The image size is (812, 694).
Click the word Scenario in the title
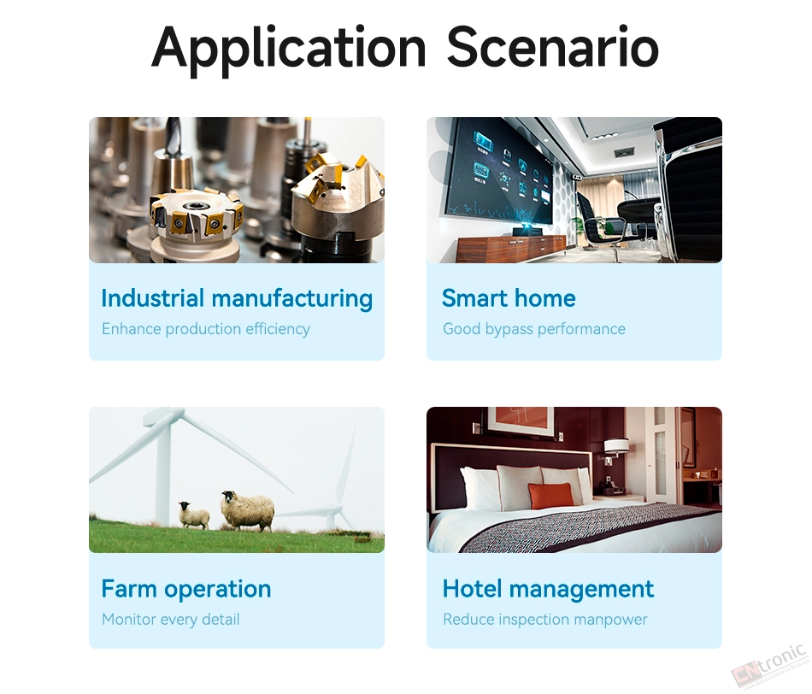pyautogui.click(x=552, y=47)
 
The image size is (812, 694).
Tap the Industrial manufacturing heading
pyautogui.click(x=237, y=298)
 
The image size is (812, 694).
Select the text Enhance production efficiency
pyautogui.click(x=206, y=329)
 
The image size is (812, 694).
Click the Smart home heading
pyautogui.click(x=509, y=298)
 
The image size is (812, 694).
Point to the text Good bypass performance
pyautogui.click(x=534, y=329)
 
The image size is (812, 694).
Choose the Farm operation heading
pyautogui.click(x=186, y=589)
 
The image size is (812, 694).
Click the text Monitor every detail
pyautogui.click(x=170, y=620)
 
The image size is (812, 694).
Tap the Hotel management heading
pyautogui.click(x=548, y=589)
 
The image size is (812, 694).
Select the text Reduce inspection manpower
pyautogui.click(x=544, y=620)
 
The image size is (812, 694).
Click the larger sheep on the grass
pyautogui.click(x=248, y=510)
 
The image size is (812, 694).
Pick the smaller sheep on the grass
pyautogui.click(x=194, y=515)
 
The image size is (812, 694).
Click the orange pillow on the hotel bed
pyautogui.click(x=551, y=496)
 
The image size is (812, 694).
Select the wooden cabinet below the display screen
pyautogui.click(x=510, y=247)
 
